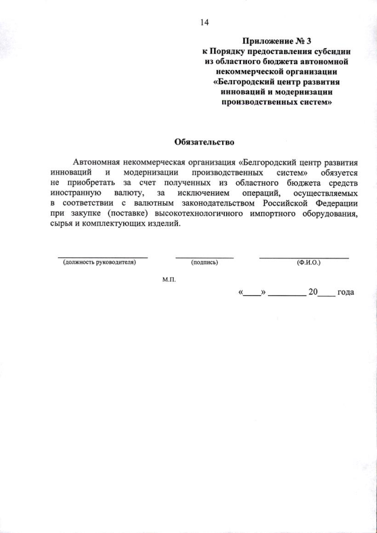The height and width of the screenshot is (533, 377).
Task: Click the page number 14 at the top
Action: click(204, 23)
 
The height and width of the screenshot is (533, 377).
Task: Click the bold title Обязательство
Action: click(204, 142)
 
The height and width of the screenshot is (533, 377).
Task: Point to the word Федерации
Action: click(336, 203)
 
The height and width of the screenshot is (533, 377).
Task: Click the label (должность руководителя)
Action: click(100, 263)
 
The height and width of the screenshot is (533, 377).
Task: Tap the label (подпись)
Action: click(204, 263)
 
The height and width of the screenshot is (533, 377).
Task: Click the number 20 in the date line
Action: click(313, 292)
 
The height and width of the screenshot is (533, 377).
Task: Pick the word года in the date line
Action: click(345, 292)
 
